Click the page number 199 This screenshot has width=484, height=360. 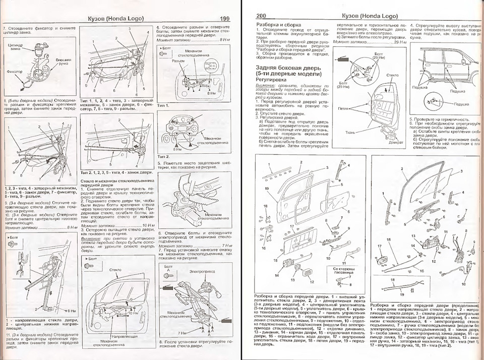224,19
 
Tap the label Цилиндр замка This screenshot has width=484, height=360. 17,46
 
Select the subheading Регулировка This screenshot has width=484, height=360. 272,80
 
